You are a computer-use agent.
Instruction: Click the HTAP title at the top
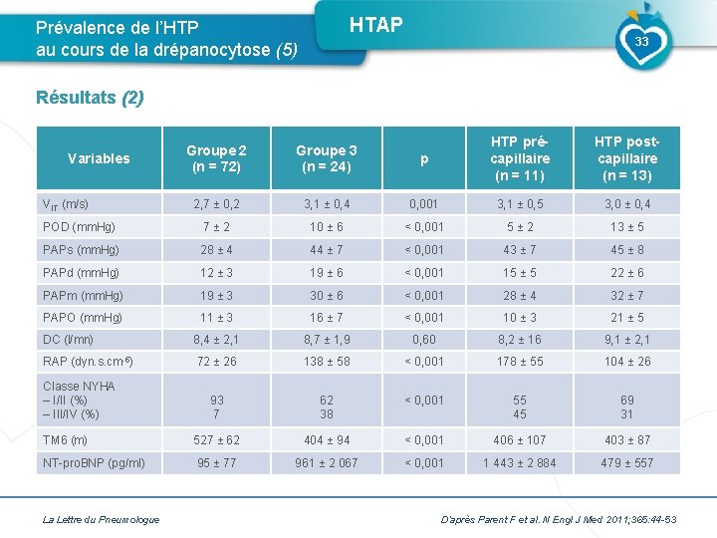pos(376,25)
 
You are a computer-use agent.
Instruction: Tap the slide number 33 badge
pos(641,42)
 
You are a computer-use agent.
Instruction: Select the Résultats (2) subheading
pos(90,98)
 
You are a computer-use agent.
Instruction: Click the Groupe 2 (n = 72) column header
pos(216,157)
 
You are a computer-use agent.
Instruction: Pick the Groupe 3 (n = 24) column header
pos(326,157)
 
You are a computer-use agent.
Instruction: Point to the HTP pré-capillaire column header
pos(520,157)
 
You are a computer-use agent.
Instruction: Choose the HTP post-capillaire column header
pos(626,157)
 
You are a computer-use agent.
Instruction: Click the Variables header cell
pos(98,157)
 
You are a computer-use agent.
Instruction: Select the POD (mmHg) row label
pos(79,227)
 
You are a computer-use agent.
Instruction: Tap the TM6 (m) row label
pos(65,439)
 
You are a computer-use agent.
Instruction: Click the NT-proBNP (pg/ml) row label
pos(94,462)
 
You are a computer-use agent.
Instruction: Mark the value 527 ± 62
pos(216,439)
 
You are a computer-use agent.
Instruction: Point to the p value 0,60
pos(424,340)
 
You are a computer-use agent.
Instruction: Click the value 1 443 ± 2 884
pos(520,462)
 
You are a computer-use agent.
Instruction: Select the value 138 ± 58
pos(326,362)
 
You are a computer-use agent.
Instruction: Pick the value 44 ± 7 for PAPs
pos(326,250)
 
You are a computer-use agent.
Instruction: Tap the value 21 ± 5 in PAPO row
pos(626,317)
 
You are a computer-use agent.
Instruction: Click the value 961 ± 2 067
pos(326,462)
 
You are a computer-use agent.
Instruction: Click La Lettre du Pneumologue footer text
pos(101,519)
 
